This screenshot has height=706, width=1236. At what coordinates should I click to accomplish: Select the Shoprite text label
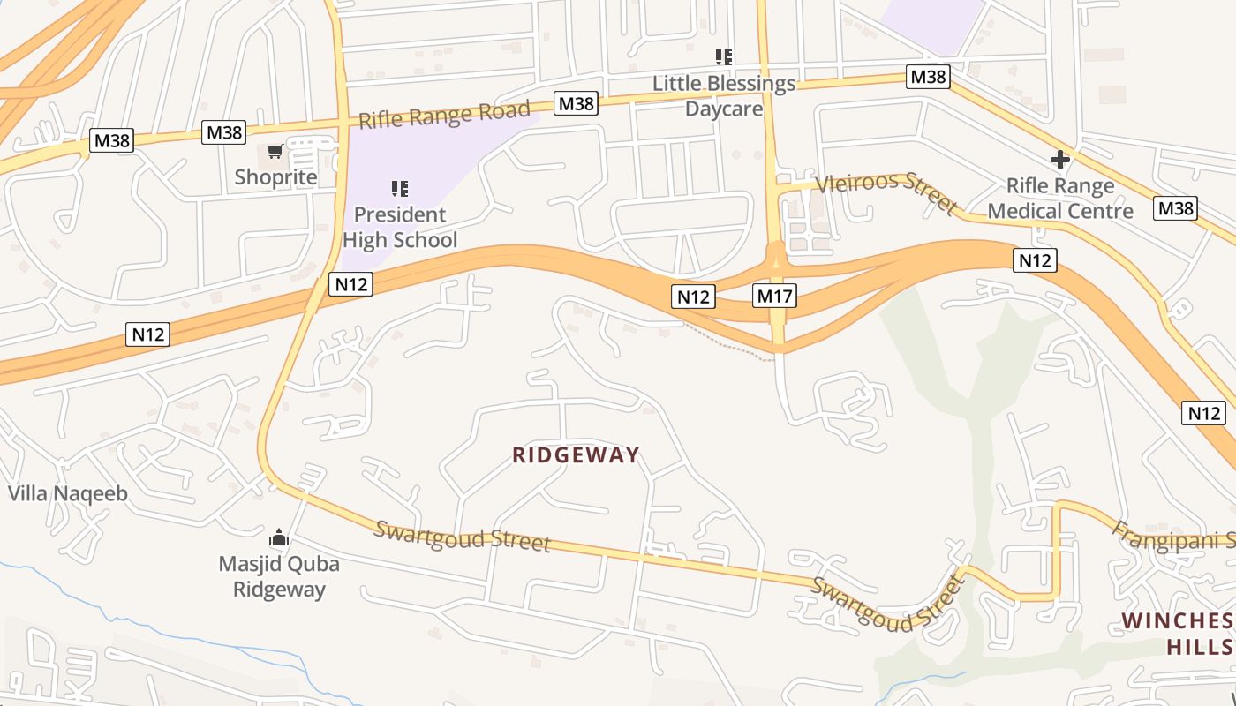coord(275,177)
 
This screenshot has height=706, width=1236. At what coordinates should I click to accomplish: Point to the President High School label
coord(400,227)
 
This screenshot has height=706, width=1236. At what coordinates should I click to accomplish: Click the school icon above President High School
coord(399,188)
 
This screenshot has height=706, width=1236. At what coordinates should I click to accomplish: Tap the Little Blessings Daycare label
coord(724,96)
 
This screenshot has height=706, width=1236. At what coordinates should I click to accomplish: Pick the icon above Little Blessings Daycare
coord(724,57)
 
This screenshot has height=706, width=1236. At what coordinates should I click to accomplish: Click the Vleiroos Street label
coord(886,193)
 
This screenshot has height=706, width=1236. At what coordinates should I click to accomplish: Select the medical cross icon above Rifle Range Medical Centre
coord(1060,160)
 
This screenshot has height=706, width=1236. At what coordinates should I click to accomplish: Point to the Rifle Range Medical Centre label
coord(1060,199)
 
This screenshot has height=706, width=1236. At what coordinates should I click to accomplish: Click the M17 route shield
coord(774,297)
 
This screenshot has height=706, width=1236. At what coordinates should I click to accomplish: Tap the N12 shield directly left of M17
coord(693,297)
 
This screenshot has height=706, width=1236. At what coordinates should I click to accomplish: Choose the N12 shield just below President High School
coord(350,283)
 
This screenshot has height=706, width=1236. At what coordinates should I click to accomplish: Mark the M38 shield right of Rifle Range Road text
coord(577,104)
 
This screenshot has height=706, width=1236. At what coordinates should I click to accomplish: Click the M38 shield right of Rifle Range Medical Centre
coord(1176,208)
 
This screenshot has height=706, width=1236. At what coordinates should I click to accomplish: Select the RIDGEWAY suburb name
coord(576,455)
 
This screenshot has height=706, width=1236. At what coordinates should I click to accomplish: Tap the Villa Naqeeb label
coord(68,493)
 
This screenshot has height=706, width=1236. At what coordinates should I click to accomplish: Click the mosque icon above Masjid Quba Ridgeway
coord(279,537)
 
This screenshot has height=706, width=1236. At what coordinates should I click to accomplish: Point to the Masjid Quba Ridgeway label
coord(279,576)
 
